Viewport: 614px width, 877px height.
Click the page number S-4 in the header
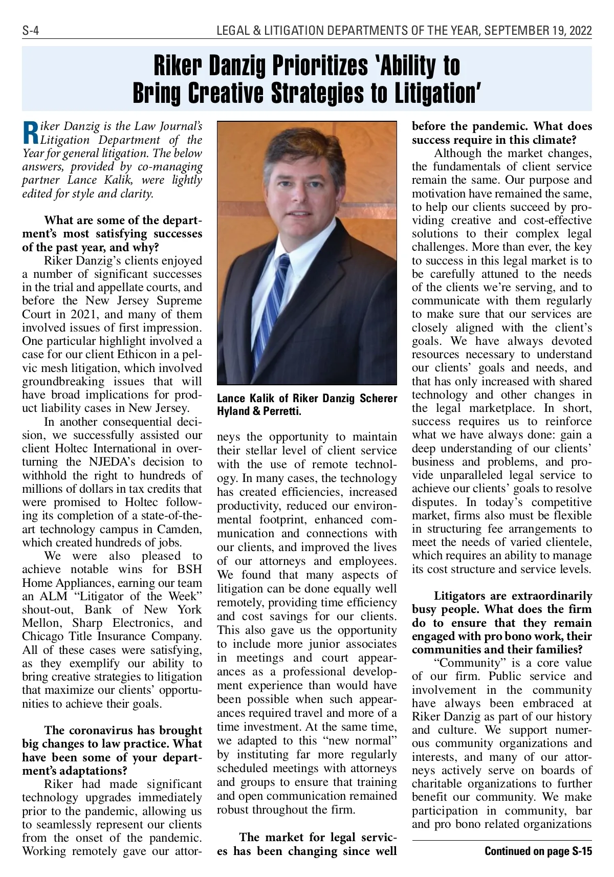pyautogui.click(x=31, y=32)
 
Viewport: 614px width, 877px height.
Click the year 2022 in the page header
pyautogui.click(x=579, y=32)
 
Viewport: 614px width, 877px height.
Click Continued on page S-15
pyautogui.click(x=538, y=851)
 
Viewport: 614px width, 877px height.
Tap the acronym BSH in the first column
pyautogui.click(x=189, y=569)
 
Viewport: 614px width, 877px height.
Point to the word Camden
pyautogui.click(x=180, y=529)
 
